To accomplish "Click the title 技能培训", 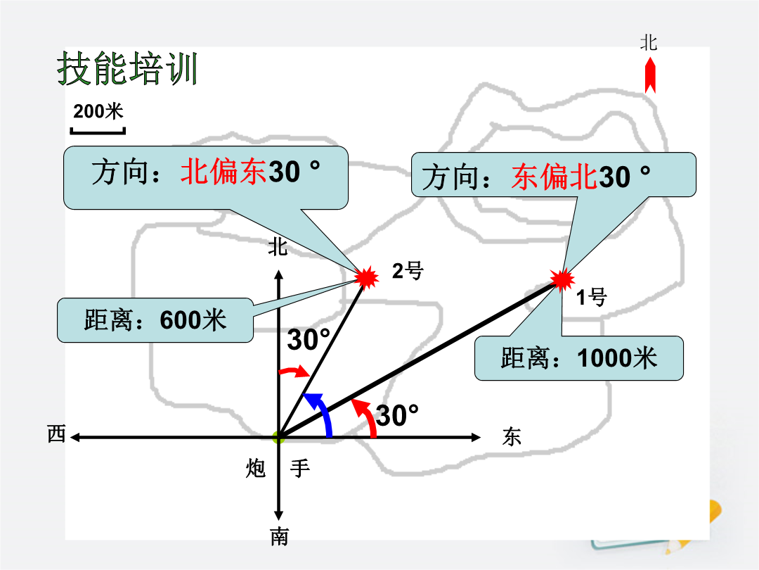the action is click(126, 68).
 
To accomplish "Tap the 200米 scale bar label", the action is click(98, 111).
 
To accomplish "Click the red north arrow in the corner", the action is click(650, 75).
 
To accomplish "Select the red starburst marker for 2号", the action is click(366, 277).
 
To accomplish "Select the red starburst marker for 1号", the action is click(562, 279).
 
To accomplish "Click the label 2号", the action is click(408, 270).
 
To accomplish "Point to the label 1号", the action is click(592, 297).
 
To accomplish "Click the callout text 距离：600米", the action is click(155, 320).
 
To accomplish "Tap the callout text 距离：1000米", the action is click(578, 357).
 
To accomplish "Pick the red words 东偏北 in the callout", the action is click(554, 177).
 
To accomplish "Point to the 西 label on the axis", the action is click(57, 433).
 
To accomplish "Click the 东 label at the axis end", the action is click(512, 436).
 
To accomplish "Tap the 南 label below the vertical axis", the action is click(279, 536).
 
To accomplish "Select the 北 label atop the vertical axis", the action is click(278, 247).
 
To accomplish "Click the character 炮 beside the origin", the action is click(256, 468).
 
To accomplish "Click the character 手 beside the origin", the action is click(300, 468).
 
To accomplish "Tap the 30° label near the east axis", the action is click(397, 415).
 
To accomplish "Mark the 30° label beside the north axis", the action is click(309, 338).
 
